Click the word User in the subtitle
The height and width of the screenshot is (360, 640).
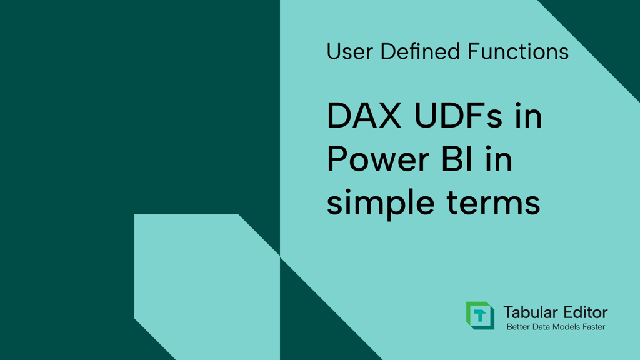click(350, 52)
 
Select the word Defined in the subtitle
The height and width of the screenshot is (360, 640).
click(420, 51)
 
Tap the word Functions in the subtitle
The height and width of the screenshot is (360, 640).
click(518, 51)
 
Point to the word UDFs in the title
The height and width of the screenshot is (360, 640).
click(458, 116)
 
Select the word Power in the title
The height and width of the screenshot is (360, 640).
click(378, 159)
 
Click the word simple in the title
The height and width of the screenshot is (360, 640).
click(381, 203)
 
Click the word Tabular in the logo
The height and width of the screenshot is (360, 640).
click(526, 312)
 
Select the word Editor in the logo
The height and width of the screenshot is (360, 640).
click(581, 312)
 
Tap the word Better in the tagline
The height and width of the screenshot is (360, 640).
click(517, 327)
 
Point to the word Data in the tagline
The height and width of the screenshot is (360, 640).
click(538, 327)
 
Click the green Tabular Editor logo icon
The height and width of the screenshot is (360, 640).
click(481, 316)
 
